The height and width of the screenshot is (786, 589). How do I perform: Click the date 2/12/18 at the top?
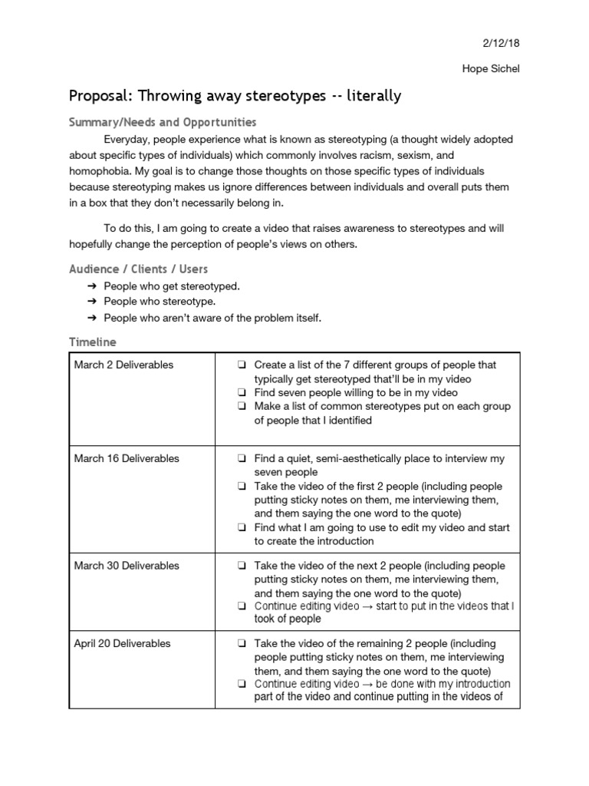coord(502,45)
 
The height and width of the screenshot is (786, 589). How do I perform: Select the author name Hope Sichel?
coord(492,68)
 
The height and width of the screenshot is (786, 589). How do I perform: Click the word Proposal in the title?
coord(100,96)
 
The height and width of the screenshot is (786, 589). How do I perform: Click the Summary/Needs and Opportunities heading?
coord(163,123)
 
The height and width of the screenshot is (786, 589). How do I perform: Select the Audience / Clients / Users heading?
coord(138,269)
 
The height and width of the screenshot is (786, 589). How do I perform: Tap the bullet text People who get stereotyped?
coord(172,286)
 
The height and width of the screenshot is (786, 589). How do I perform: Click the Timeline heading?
coord(93,342)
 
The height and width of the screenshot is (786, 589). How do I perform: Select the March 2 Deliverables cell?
coord(123,365)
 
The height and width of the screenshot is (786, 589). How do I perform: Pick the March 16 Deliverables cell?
coord(127,458)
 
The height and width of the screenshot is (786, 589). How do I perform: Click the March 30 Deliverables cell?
coord(127,566)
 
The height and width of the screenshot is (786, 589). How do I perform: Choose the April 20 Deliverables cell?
coord(122,643)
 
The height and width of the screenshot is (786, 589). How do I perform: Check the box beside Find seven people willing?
coord(242,393)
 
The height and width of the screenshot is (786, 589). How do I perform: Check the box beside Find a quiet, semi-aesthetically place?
coord(242,459)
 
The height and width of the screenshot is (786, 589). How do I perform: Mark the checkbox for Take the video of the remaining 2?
coord(242,644)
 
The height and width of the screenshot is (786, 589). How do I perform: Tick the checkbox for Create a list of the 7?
coord(242,365)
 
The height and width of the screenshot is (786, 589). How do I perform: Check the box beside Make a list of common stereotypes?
coord(242,407)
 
